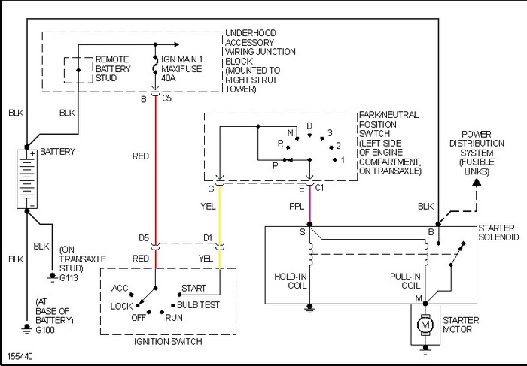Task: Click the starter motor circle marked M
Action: pyautogui.click(x=426, y=325)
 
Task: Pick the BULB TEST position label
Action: pyautogui.click(x=200, y=305)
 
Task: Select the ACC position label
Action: pyautogui.click(x=120, y=288)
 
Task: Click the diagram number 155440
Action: pyautogui.click(x=20, y=354)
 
